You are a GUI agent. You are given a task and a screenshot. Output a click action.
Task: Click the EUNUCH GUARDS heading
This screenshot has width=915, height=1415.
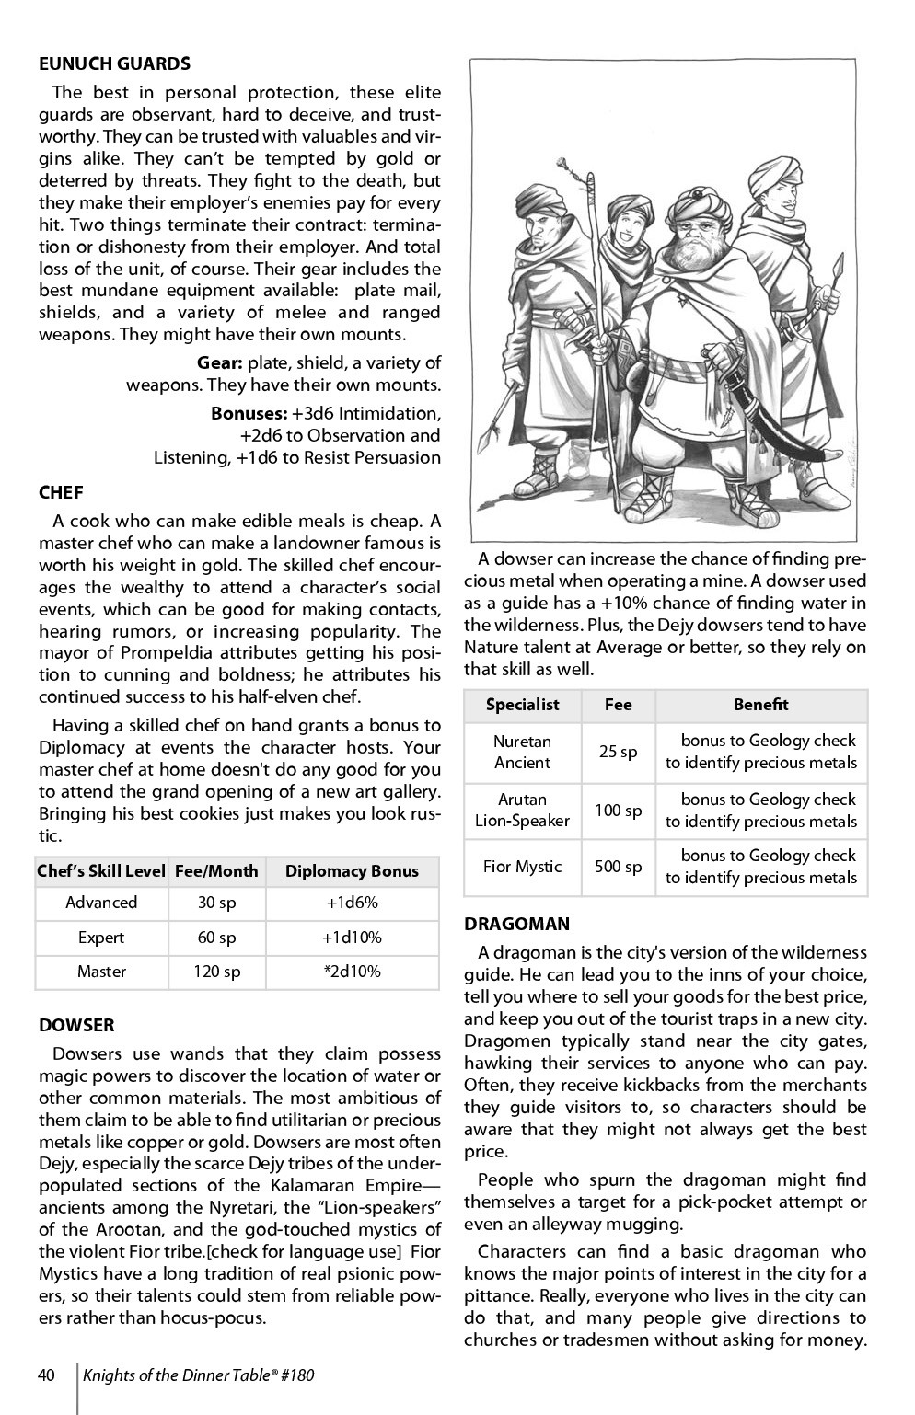[114, 63]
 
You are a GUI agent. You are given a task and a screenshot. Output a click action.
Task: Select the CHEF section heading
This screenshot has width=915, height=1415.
[61, 493]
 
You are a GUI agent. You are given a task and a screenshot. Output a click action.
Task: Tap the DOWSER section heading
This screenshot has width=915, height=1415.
[76, 1025]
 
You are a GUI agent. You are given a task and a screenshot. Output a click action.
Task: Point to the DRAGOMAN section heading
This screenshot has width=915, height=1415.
[516, 924]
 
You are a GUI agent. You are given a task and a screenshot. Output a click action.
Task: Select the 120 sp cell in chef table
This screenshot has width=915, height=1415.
[217, 972]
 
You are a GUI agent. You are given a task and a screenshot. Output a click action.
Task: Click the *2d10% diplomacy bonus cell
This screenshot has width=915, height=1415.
[352, 972]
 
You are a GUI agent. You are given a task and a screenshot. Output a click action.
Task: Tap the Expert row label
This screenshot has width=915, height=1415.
[101, 938]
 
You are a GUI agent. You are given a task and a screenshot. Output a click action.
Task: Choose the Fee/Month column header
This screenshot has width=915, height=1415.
[217, 871]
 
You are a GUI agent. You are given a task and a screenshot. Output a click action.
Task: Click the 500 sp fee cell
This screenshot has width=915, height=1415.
[618, 867]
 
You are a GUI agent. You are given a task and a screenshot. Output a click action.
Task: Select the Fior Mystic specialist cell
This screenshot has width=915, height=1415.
[522, 867]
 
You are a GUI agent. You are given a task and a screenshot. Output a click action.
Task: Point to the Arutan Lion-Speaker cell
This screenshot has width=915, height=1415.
[522, 810]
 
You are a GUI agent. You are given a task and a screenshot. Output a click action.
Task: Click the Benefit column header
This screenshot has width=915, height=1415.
[760, 705]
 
